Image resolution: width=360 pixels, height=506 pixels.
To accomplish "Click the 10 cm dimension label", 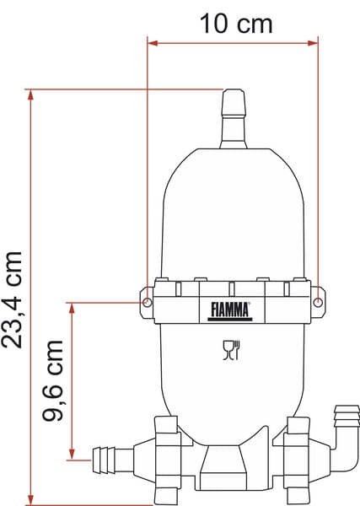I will tap(236, 23).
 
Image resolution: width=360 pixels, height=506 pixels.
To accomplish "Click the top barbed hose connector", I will tap(233, 118).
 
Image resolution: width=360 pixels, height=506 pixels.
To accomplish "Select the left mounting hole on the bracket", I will tap(148, 302).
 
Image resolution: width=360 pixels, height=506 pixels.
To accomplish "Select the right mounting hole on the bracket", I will tap(318, 302).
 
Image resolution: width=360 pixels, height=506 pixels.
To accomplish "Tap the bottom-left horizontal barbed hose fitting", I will tap(111, 460).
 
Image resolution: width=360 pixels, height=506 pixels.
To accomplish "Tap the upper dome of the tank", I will tap(232, 211).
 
